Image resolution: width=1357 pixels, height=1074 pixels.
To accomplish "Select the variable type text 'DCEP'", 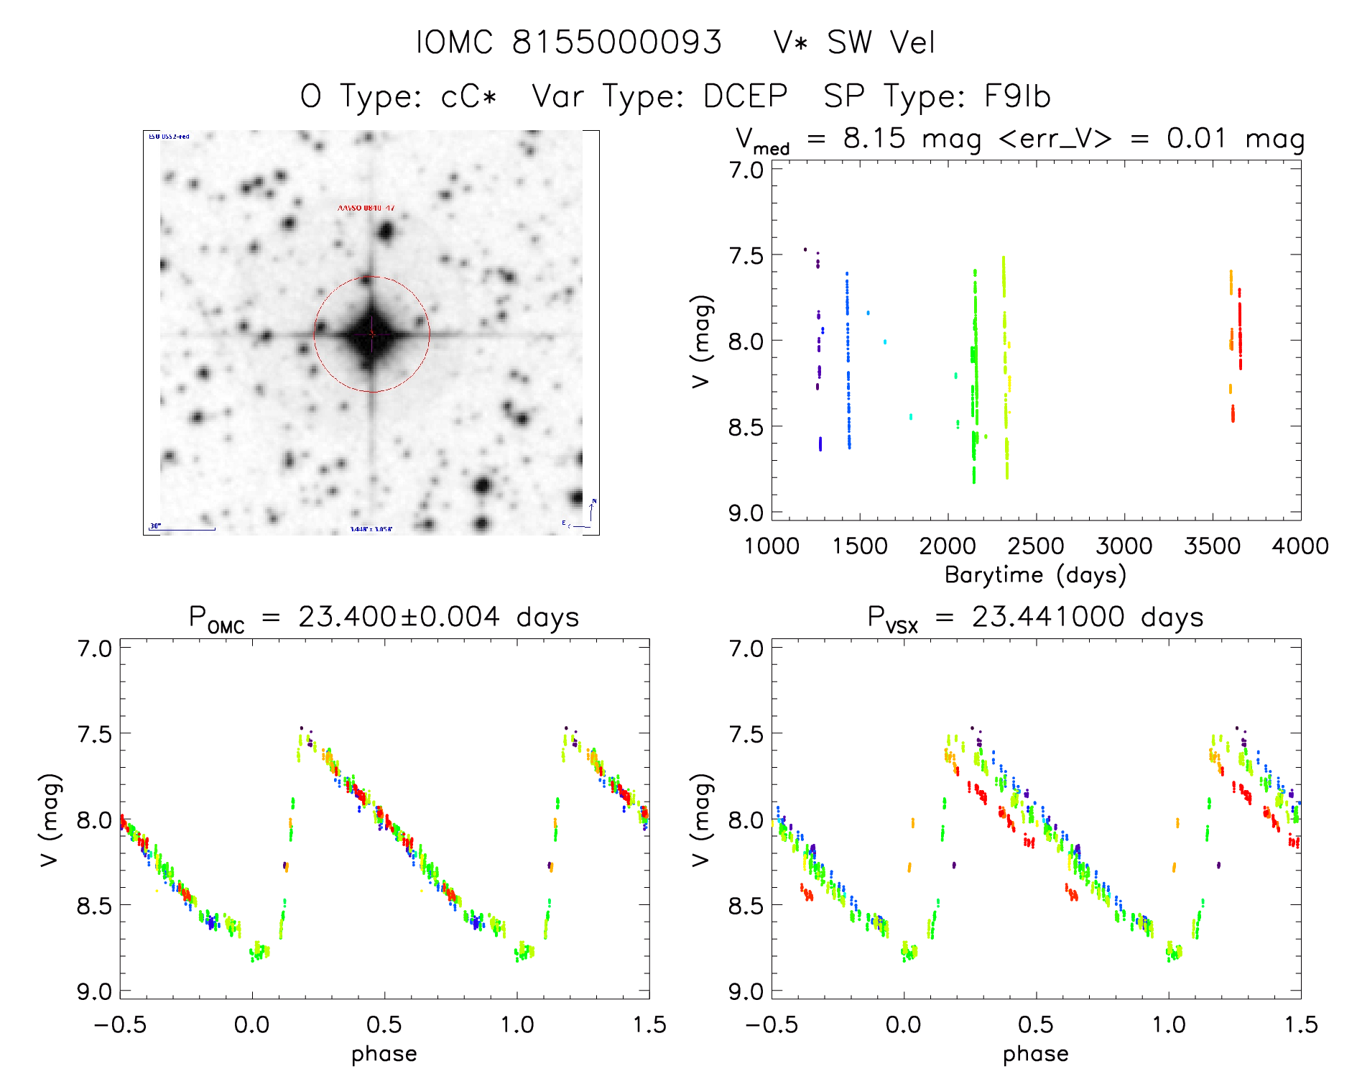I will (x=745, y=96).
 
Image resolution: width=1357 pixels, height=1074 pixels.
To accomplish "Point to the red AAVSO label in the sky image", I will (x=366, y=208).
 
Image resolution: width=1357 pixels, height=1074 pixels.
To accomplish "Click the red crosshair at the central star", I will (x=371, y=334).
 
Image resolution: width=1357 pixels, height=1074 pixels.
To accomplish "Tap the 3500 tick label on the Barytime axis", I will (x=1212, y=546).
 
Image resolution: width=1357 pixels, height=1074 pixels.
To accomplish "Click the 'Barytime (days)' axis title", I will (x=1035, y=575).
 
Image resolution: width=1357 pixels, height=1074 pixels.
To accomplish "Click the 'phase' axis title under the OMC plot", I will (x=384, y=1054).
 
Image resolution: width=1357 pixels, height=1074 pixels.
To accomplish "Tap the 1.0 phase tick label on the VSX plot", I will (x=1168, y=1025).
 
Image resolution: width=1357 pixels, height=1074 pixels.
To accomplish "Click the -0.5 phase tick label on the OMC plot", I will (x=120, y=1025).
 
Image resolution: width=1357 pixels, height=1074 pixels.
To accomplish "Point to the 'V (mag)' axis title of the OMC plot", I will (x=50, y=820).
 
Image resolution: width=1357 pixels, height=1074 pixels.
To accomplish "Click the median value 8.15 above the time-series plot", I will (x=874, y=138).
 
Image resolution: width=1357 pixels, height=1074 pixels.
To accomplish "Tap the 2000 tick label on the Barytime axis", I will (x=948, y=546).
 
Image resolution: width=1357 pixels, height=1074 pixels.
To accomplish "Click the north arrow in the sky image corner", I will (x=591, y=510).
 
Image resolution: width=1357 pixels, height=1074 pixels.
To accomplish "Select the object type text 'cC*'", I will (x=468, y=96).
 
